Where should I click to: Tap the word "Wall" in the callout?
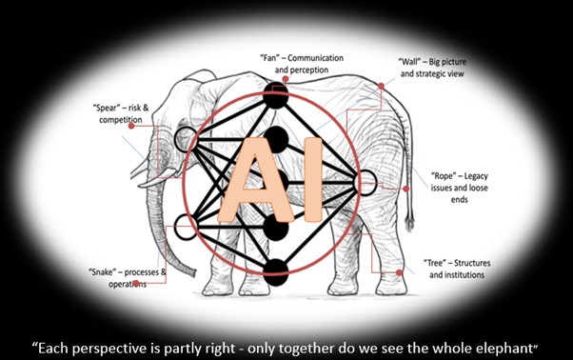(409, 61)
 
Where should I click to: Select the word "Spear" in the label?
(107, 108)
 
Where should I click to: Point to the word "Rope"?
(443, 176)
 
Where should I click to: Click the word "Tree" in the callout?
(435, 263)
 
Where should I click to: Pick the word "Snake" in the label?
(103, 272)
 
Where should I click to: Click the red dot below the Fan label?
(286, 79)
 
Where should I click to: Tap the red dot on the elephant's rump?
(381, 86)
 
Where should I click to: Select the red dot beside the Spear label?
(131, 126)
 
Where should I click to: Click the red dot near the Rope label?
(405, 189)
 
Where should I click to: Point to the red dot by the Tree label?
(399, 272)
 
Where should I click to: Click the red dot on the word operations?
(136, 283)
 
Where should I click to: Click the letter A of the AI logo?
(256, 181)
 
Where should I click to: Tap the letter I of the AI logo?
(313, 179)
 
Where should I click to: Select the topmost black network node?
(275, 96)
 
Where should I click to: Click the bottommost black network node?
(275, 272)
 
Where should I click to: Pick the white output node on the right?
(366, 182)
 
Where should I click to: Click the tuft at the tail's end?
(409, 222)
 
